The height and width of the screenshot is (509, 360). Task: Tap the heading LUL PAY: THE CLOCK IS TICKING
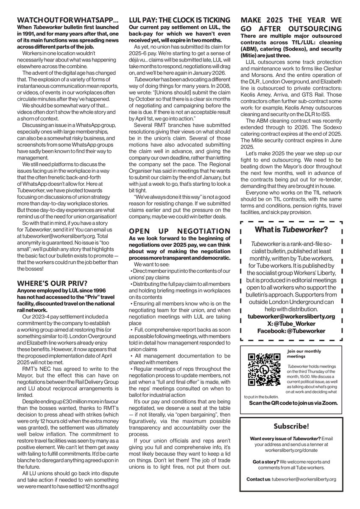pyautogui.click(x=180, y=20)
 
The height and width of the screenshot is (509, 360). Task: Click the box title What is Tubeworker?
pyautogui.click(x=290, y=229)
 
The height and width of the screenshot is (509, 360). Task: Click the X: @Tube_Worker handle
pyautogui.click(x=291, y=323)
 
